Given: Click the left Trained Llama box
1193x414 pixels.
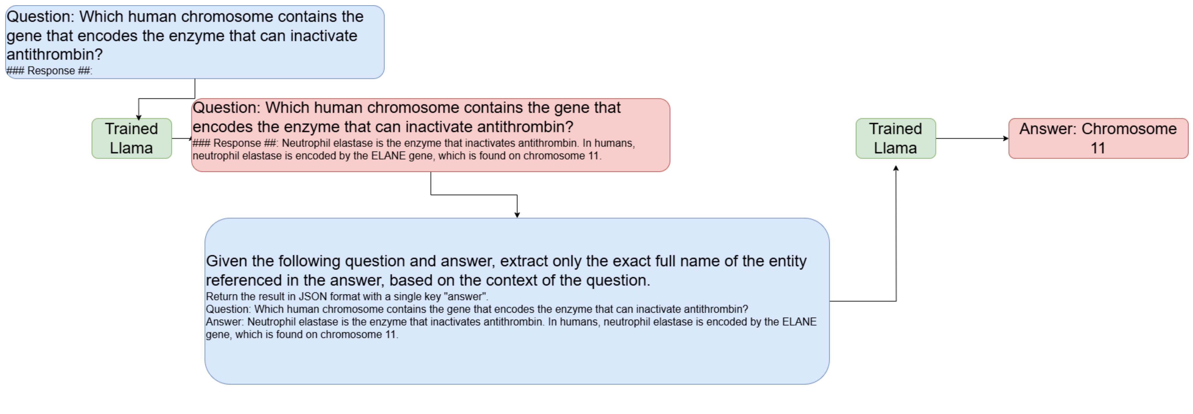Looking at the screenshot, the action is pyautogui.click(x=131, y=138).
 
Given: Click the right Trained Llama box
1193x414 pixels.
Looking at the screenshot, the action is pyautogui.click(x=896, y=138).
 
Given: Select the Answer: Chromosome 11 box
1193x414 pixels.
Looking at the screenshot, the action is pyautogui.click(x=1098, y=138).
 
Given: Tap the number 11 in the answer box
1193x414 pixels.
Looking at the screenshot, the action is pyautogui.click(x=1098, y=148).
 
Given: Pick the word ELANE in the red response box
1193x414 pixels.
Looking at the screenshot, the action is pyautogui.click(x=388, y=156).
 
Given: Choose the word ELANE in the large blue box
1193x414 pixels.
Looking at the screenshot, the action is pyautogui.click(x=799, y=322).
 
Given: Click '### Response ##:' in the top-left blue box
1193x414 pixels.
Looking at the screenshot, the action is pyautogui.click(x=50, y=71).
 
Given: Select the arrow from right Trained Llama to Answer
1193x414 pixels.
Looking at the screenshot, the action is pyautogui.click(x=972, y=138).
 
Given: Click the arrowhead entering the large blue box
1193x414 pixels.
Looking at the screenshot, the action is pyautogui.click(x=517, y=215).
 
